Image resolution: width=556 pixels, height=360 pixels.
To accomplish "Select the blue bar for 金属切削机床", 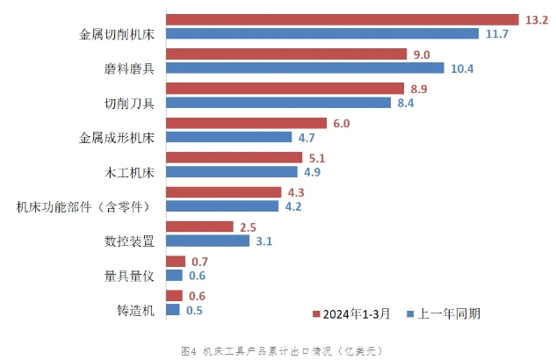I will pos(322,34).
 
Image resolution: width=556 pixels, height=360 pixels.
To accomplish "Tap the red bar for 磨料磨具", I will pos(287,54).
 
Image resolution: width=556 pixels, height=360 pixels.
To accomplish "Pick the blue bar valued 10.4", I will pos(306,69).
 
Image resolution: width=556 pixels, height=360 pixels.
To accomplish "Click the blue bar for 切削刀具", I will pos(278,103).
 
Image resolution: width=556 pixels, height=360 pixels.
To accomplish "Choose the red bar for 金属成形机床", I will pos(246,123).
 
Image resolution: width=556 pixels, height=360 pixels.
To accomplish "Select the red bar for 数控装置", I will pos(199,227).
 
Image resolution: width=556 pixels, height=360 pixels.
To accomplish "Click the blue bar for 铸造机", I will pos(172,309).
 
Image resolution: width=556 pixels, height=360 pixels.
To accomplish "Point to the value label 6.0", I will pos(342,123).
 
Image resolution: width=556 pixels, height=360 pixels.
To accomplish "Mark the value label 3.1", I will pos(263,241).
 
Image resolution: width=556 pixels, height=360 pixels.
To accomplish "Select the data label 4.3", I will pos(295,192).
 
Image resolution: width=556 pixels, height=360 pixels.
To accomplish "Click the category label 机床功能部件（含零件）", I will pos(83,207).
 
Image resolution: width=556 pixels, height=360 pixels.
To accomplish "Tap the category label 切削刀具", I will pos(129,104).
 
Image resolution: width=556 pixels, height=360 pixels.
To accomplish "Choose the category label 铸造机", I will pos(136,310).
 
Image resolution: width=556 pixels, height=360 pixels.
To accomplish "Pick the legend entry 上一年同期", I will pos(449,313).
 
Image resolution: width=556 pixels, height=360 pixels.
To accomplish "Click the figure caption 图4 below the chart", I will pos(282,350).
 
